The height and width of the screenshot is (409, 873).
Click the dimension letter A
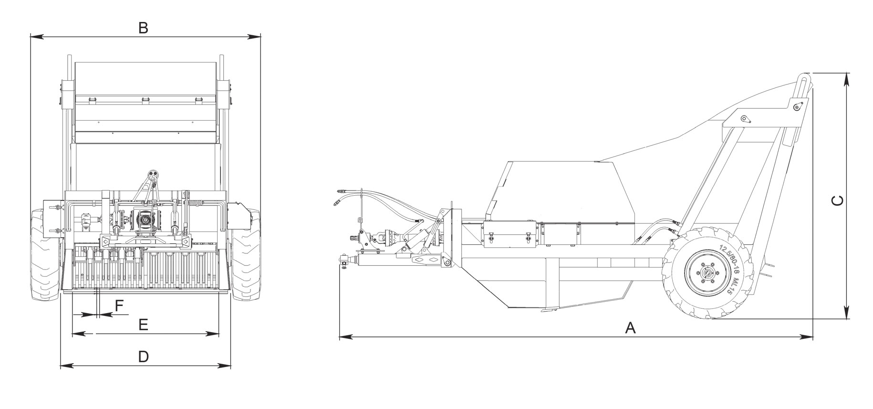click(x=630, y=328)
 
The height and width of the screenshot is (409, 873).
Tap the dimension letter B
click(x=143, y=28)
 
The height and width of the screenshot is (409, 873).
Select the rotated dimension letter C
click(x=837, y=201)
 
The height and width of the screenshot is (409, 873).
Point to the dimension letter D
click(x=144, y=356)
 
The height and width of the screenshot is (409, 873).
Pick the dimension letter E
click(x=143, y=325)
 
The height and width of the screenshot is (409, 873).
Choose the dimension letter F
click(x=119, y=305)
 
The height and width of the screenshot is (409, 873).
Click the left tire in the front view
click(x=46, y=255)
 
